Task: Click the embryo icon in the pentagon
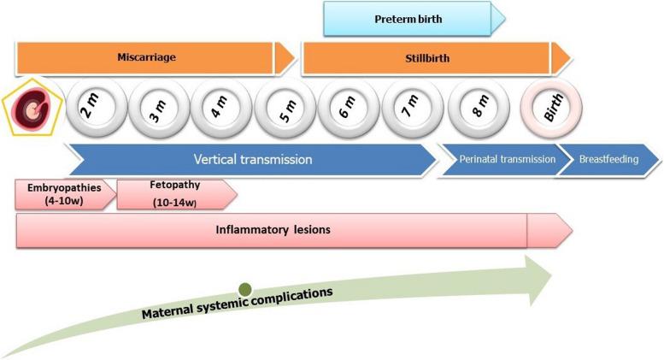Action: (x=32, y=112)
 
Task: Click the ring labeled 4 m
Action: (x=220, y=111)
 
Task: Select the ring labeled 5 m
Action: (x=283, y=111)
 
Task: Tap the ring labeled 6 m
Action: (x=346, y=111)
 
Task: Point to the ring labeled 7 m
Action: (x=409, y=111)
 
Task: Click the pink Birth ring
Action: (x=551, y=111)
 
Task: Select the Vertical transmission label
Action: (x=252, y=159)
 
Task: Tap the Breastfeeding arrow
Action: (x=608, y=159)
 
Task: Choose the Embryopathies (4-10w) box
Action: (x=62, y=194)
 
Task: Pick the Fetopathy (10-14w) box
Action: (x=173, y=194)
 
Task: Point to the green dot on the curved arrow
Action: (x=245, y=290)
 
